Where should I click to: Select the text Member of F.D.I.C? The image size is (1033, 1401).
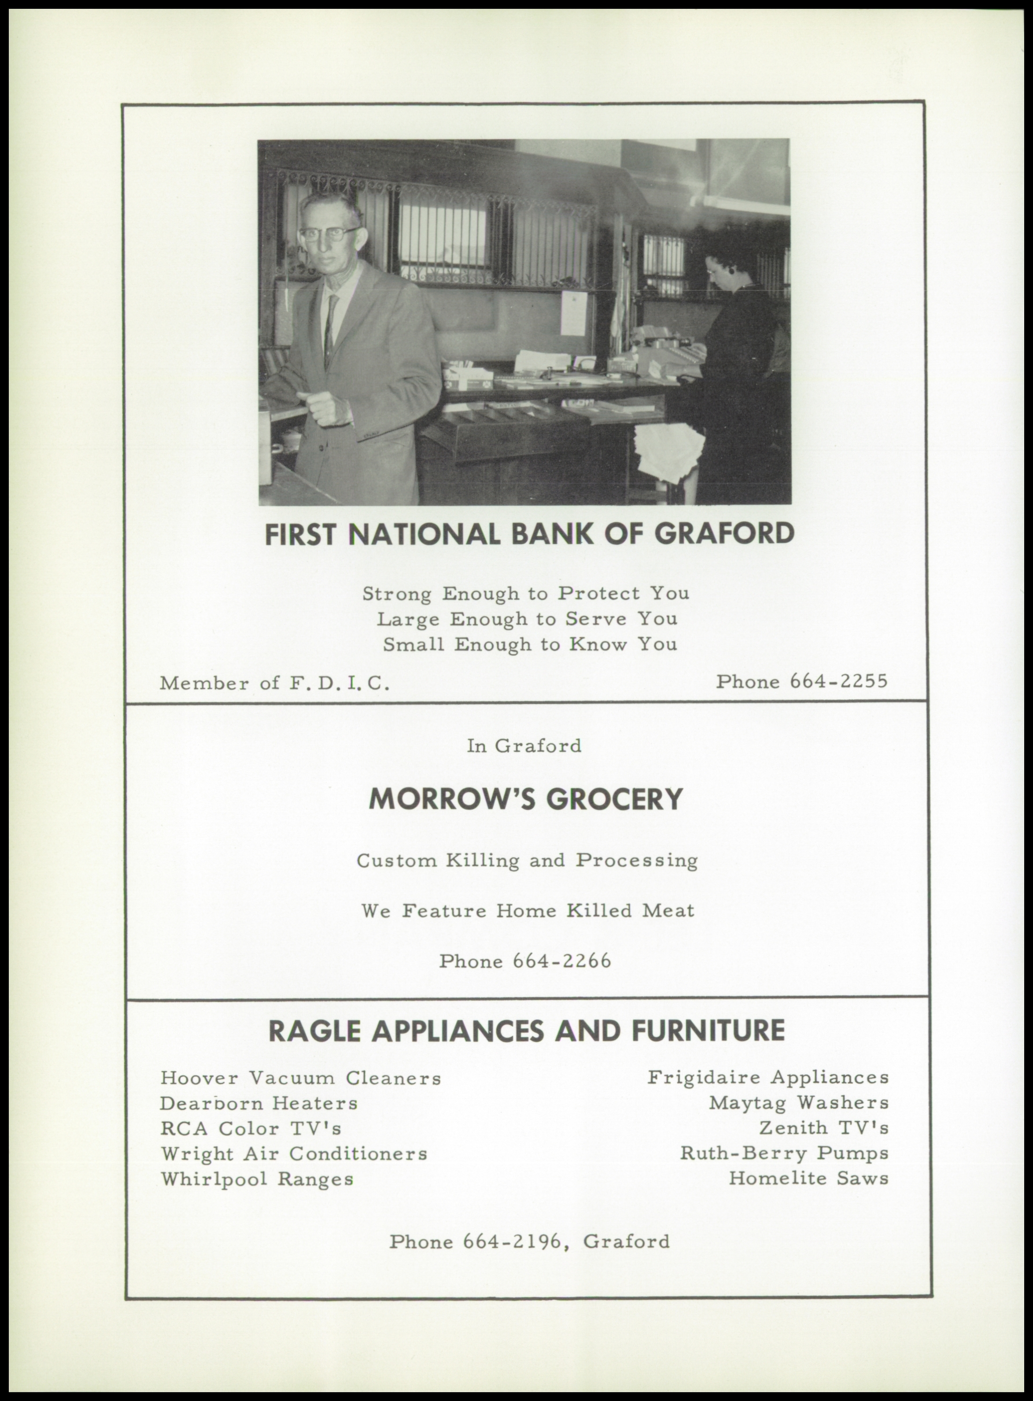(x=275, y=683)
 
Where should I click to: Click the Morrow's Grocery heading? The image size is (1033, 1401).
(x=525, y=798)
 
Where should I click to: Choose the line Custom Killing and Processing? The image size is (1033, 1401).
(x=527, y=861)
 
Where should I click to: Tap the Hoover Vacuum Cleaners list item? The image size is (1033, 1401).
(x=301, y=1078)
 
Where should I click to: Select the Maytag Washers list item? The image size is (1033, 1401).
(x=798, y=1103)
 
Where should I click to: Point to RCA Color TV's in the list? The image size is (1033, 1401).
(x=251, y=1128)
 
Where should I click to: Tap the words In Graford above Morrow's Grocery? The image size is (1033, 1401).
(x=524, y=746)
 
